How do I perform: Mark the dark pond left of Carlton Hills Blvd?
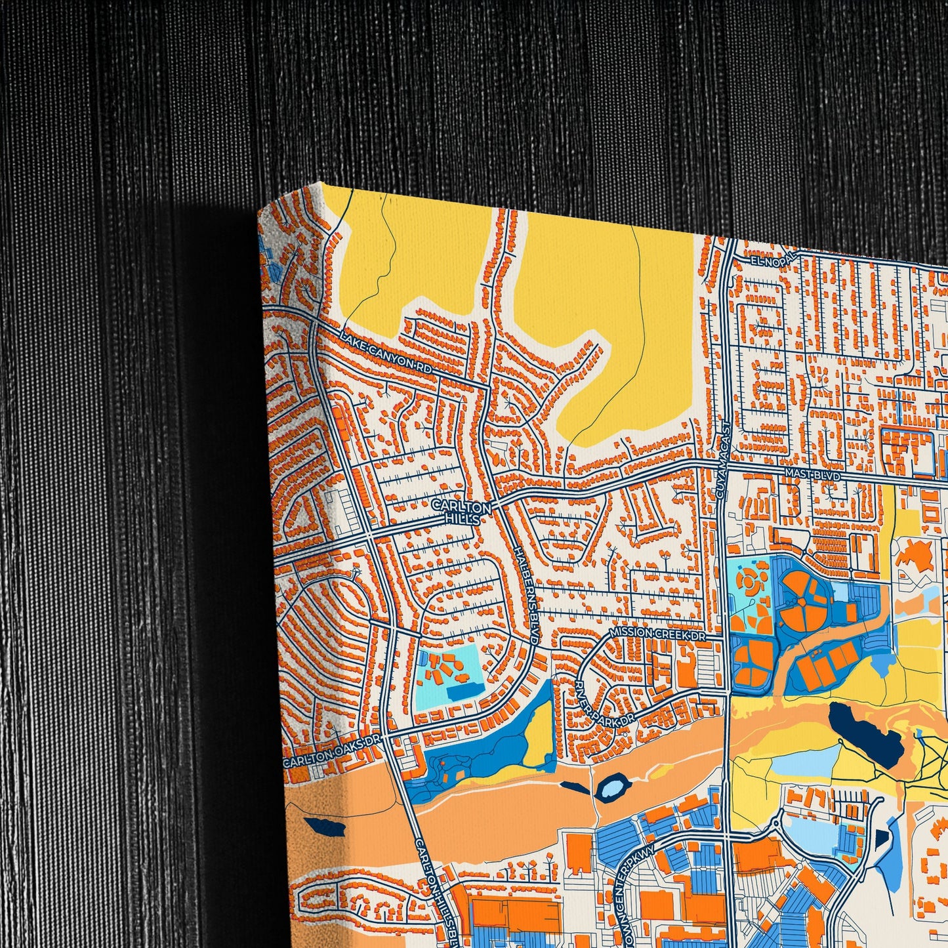click(324, 826)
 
